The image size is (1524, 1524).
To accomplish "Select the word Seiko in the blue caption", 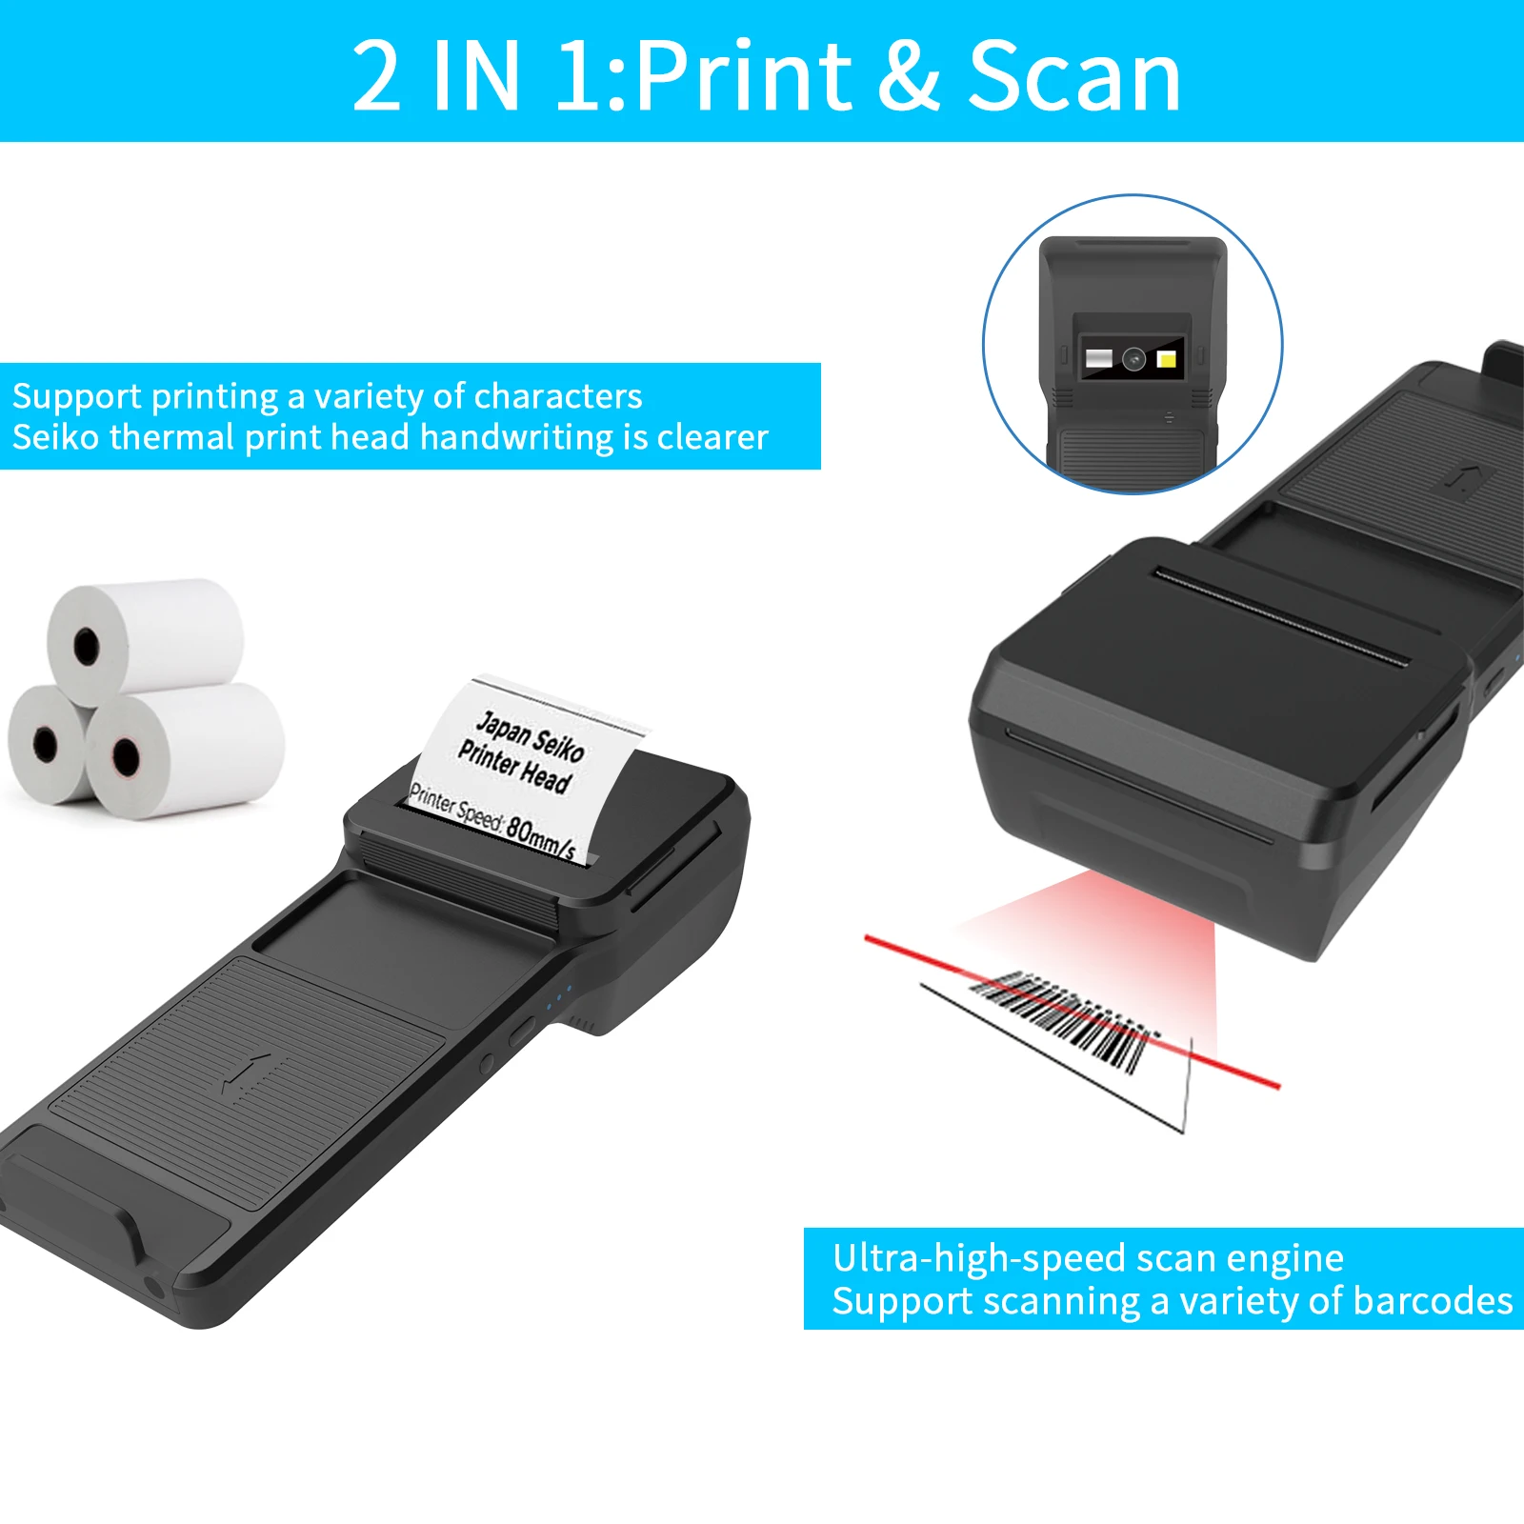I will click(56, 437).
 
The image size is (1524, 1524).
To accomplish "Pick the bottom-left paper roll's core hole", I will click(45, 744).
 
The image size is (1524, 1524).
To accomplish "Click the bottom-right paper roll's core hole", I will click(126, 757).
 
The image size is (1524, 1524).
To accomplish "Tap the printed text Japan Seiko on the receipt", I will click(530, 736).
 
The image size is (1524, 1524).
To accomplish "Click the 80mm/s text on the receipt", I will click(540, 836).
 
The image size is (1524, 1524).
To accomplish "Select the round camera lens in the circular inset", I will click(1133, 359).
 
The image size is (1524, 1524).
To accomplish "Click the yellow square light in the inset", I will click(1166, 359).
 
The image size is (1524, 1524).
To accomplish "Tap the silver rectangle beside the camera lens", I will click(1099, 359).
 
